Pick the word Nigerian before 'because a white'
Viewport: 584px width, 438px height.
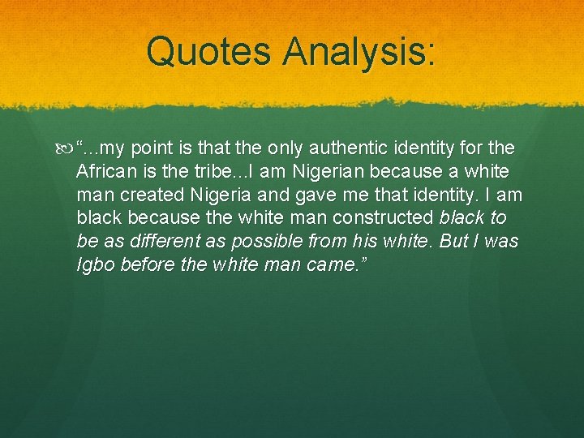[x=320, y=172]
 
